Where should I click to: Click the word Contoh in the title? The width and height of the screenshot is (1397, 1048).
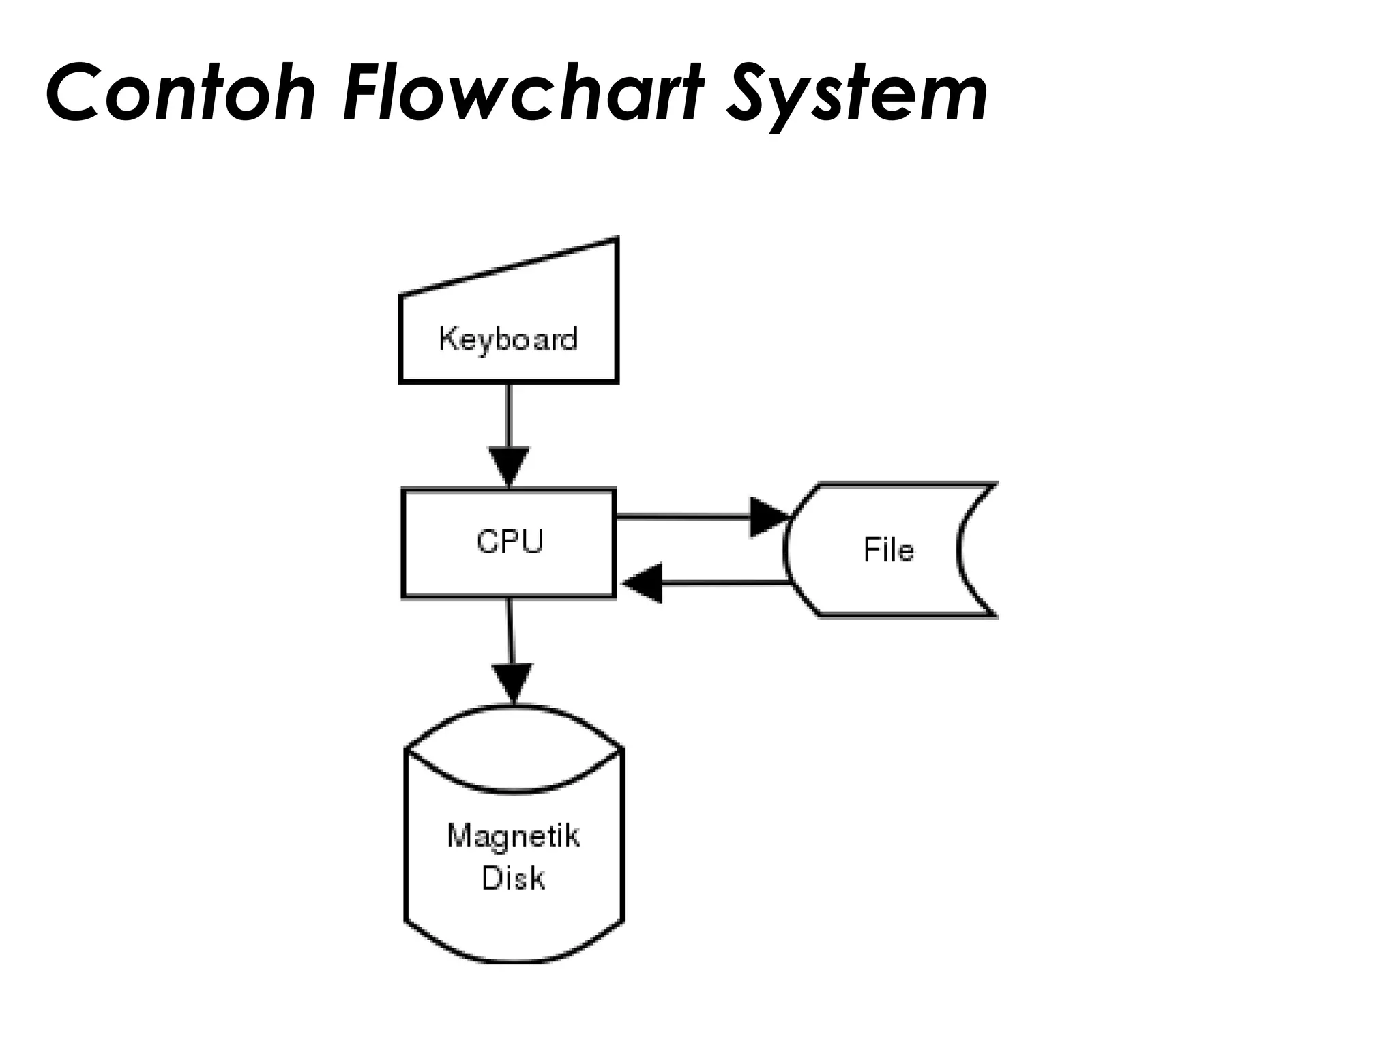181,93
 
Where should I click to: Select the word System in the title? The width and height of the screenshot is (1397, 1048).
856,96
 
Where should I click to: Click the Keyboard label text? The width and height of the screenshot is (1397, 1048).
508,339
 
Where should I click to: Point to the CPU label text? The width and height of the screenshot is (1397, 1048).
510,542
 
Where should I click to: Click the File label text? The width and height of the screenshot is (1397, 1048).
888,550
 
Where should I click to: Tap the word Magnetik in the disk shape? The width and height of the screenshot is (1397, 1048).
513,836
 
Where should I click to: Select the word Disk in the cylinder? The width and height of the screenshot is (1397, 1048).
513,878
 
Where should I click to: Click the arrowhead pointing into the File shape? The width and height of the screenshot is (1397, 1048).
767,517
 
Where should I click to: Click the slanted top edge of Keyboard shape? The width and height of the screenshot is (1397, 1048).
508,267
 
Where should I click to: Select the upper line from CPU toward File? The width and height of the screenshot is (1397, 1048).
682,517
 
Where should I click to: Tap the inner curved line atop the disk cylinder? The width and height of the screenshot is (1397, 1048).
514,791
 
